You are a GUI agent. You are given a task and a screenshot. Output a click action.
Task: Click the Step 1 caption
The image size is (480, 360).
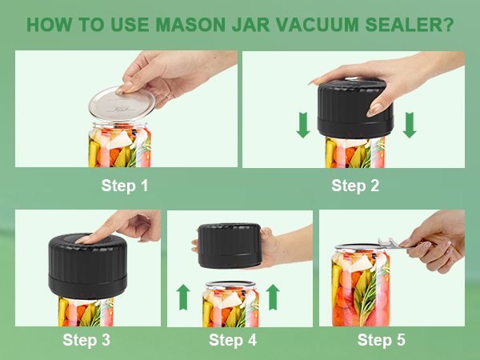[x=125, y=186]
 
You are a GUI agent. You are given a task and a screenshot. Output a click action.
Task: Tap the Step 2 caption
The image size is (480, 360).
[x=355, y=186]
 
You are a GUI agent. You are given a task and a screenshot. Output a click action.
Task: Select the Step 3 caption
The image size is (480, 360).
[x=87, y=340]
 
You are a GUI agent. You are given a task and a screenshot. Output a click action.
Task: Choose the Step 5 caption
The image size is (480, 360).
[x=382, y=340]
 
